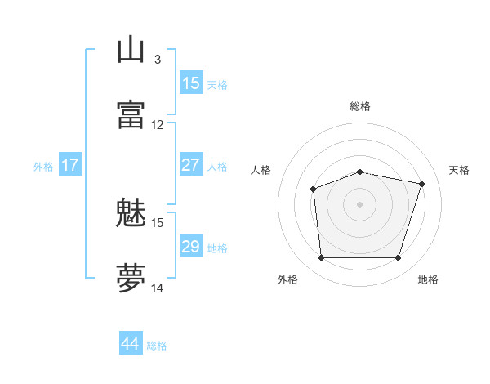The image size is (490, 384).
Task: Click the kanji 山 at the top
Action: point(131,50)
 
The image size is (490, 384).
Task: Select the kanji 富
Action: point(131,114)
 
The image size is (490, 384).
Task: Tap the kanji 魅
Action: point(131,214)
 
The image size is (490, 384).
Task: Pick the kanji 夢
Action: point(131,278)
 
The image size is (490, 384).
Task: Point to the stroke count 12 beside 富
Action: point(158,125)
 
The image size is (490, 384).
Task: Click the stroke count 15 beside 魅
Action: point(158,222)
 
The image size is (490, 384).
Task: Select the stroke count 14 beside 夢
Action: point(158,288)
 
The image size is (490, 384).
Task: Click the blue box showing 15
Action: point(191,83)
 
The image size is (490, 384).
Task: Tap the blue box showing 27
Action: point(191,164)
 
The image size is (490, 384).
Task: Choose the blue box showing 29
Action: point(191,246)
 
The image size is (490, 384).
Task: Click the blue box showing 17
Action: point(70,164)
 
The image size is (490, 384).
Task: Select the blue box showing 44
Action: point(131,343)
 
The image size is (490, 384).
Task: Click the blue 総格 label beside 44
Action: point(157,346)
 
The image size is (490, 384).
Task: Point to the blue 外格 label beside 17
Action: point(43,167)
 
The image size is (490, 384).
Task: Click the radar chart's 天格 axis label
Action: point(459,170)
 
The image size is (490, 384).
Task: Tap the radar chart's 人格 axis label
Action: point(261,170)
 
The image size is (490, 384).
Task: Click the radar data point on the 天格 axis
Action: point(422,184)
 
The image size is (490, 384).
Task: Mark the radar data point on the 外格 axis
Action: point(321,258)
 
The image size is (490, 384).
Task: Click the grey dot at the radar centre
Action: point(359,204)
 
